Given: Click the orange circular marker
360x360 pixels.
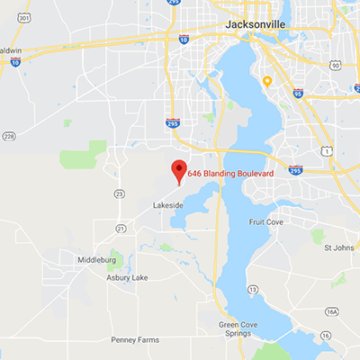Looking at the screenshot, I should tap(267, 81).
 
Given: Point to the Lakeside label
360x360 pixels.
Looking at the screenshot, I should tap(167, 206).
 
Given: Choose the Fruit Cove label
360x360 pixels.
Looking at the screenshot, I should tap(267, 221).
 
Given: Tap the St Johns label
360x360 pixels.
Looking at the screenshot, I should tap(338, 247).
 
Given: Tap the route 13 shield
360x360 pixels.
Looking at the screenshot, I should tap(253, 289).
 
